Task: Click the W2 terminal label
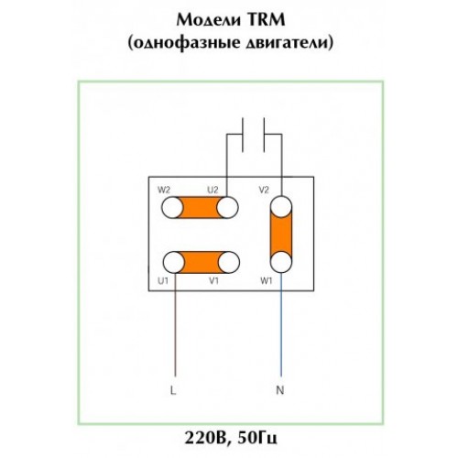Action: tap(164, 190)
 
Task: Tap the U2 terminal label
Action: tap(213, 190)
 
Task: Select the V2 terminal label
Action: tap(264, 190)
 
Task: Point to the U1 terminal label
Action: tap(163, 280)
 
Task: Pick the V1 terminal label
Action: tap(213, 280)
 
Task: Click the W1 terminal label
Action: tap(267, 280)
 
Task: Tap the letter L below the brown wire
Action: tap(173, 390)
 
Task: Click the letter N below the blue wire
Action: tap(280, 390)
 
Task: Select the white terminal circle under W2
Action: tap(172, 208)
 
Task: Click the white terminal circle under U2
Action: tap(227, 208)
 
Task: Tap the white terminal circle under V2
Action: tap(281, 207)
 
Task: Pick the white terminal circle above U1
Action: tap(174, 262)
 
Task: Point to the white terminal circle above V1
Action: tap(229, 262)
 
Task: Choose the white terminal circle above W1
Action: tap(281, 262)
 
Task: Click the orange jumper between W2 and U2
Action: tap(200, 208)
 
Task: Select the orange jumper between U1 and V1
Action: tap(202, 262)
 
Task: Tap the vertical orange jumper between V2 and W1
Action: tap(281, 234)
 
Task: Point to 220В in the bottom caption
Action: tap(205, 439)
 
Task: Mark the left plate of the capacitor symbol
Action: tap(243, 135)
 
